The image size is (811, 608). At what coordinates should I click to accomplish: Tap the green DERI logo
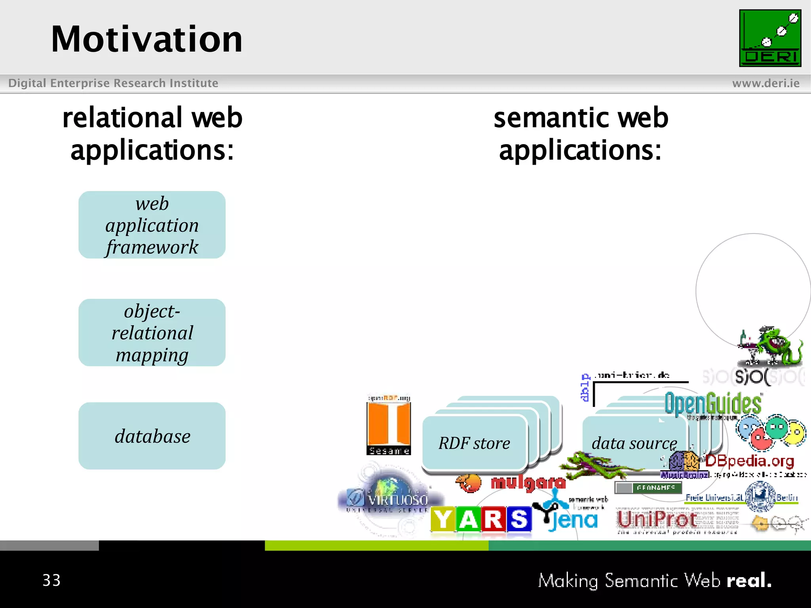click(770, 38)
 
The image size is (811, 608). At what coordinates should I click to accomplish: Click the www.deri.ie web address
click(765, 84)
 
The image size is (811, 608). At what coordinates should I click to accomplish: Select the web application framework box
click(152, 225)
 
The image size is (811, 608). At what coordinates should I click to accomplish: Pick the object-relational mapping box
click(152, 332)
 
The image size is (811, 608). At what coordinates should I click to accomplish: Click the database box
click(152, 436)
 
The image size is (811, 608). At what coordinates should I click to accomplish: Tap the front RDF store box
click(474, 443)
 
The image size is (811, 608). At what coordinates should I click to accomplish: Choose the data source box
click(634, 443)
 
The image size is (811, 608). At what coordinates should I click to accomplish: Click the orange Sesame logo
click(388, 426)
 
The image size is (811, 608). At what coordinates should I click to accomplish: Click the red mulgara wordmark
click(528, 483)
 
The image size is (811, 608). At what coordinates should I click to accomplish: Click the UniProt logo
click(657, 520)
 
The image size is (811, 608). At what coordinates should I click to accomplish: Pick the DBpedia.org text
click(749, 461)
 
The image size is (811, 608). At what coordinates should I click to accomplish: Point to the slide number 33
click(51, 580)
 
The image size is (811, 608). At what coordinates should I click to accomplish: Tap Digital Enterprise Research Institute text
click(113, 83)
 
